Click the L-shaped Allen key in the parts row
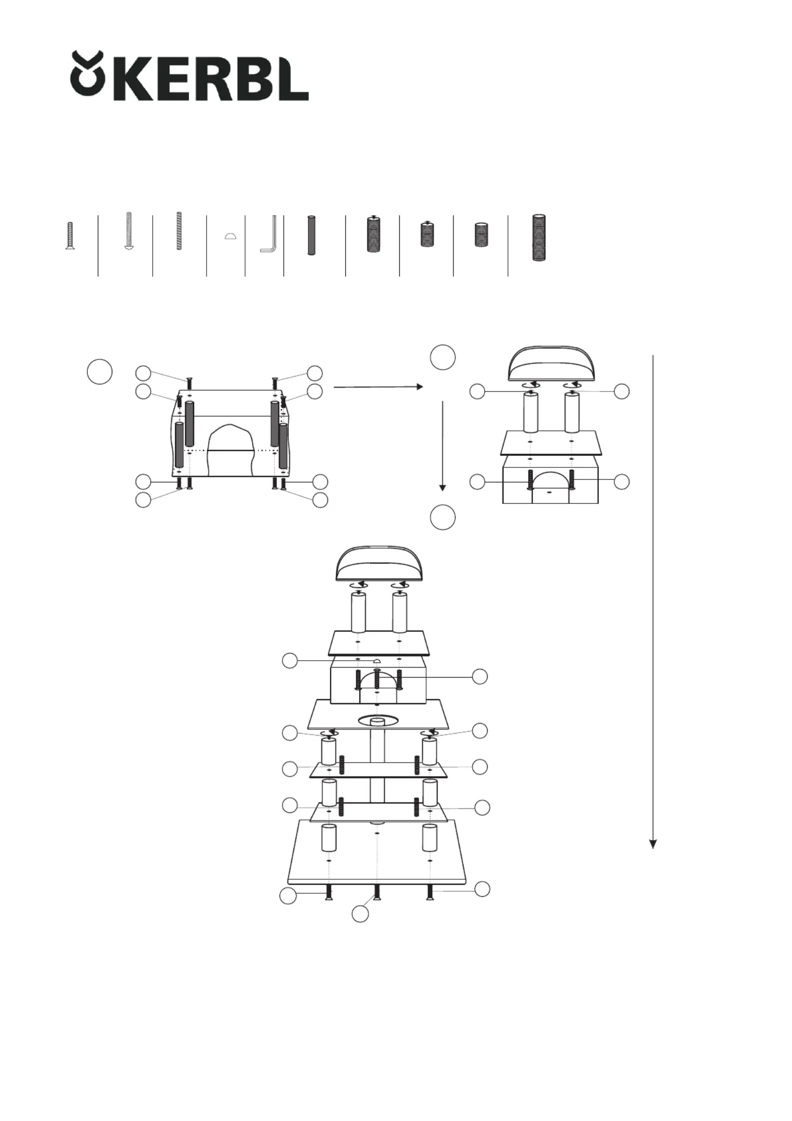click(268, 234)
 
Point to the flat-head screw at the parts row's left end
click(70, 235)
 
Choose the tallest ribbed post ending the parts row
click(538, 238)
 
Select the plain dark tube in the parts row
click(311, 235)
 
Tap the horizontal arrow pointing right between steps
click(378, 387)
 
